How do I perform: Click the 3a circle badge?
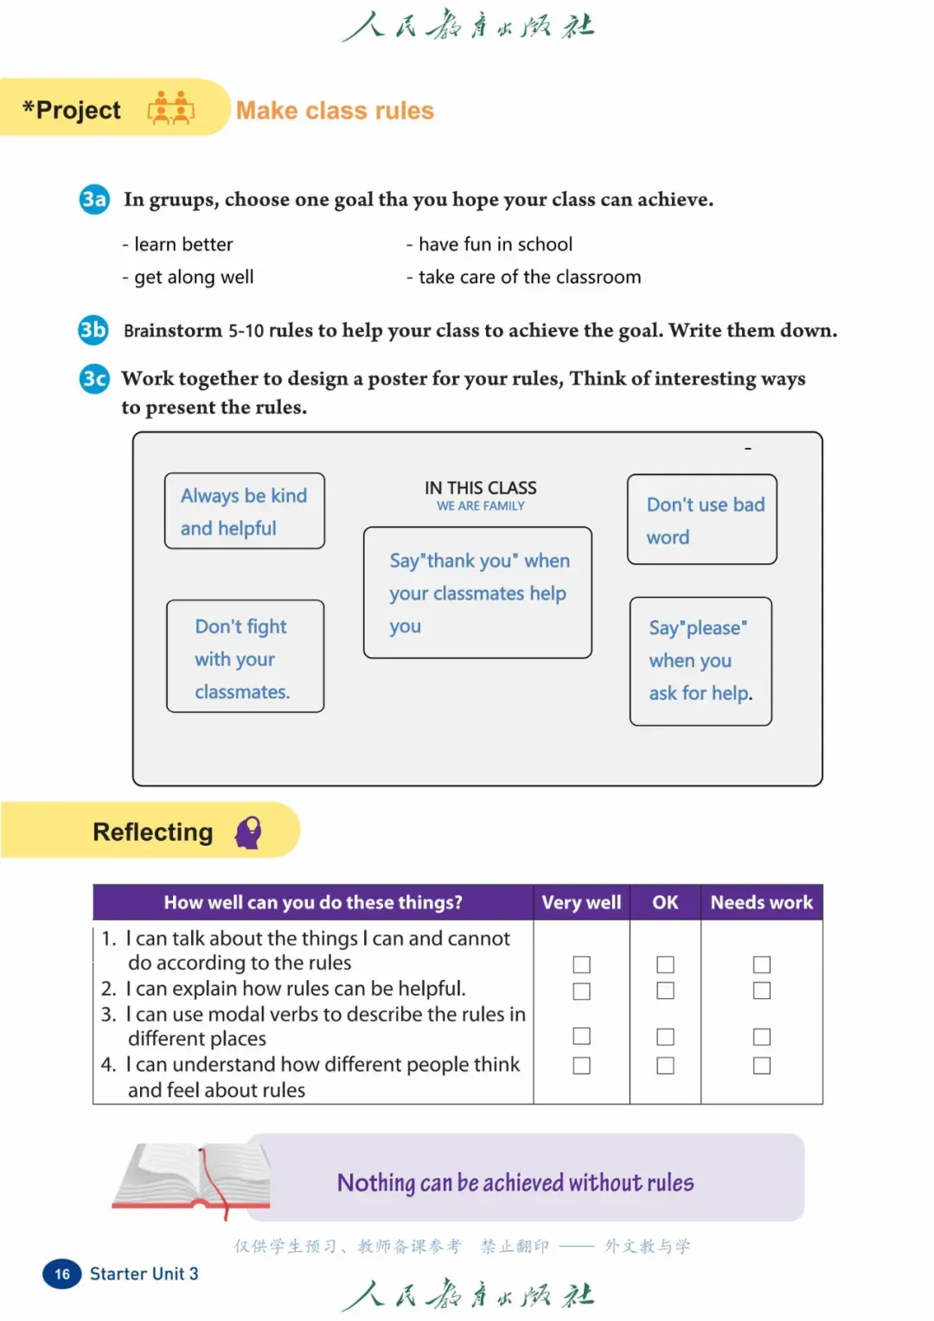coord(93,199)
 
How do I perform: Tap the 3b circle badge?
coord(93,330)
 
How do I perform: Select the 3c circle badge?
coord(94,378)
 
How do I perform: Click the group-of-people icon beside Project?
coord(171,108)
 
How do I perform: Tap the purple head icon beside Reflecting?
coord(249,832)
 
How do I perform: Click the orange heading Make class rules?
coord(335,111)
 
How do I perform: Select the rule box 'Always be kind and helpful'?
coord(245,511)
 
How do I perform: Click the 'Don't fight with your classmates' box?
coord(245,657)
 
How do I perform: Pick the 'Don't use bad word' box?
coord(702,520)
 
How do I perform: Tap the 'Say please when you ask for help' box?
coord(700,661)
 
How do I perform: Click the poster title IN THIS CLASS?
coord(480,488)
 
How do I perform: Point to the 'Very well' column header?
coord(581,902)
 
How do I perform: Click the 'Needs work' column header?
coord(761,902)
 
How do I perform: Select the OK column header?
coord(665,902)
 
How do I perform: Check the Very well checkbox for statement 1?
coord(582,965)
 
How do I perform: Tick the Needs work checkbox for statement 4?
coord(762,1066)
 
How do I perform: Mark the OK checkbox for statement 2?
coord(665,991)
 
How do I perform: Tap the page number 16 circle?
coord(62,1273)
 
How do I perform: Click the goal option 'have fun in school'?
coord(495,245)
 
